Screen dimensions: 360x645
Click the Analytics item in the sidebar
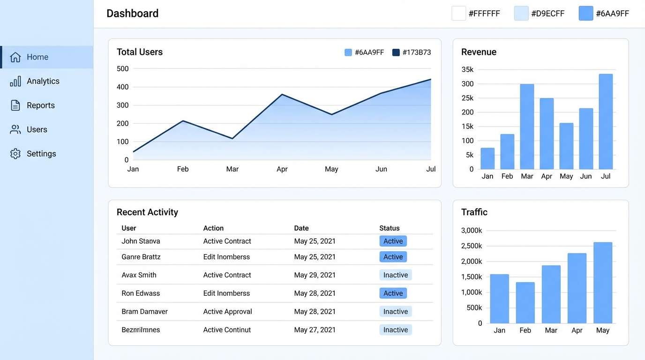click(x=43, y=81)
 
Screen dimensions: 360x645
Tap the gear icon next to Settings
click(x=15, y=154)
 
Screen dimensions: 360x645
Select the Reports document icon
click(x=15, y=105)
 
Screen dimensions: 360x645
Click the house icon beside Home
click(x=15, y=57)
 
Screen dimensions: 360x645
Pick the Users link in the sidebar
click(x=37, y=130)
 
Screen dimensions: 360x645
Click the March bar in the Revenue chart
click(x=527, y=127)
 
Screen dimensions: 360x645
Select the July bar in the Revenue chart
click(x=606, y=121)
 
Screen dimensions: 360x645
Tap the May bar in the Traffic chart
click(x=603, y=283)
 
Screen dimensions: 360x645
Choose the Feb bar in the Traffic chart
click(x=525, y=302)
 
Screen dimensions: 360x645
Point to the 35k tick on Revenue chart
click(x=467, y=70)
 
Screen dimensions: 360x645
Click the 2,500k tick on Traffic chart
click(x=472, y=246)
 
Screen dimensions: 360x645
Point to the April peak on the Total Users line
click(x=282, y=95)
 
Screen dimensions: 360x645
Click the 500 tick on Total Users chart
click(x=122, y=69)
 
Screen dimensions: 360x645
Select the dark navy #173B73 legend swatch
click(x=396, y=52)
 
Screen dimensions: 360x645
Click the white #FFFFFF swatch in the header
click(x=458, y=14)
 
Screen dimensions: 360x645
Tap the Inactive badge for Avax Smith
click(x=395, y=275)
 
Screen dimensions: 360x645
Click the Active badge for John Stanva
click(x=393, y=241)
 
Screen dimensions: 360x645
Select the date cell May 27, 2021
click(x=315, y=330)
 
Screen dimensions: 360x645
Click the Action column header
click(x=213, y=228)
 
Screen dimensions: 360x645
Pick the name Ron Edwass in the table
click(x=141, y=293)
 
